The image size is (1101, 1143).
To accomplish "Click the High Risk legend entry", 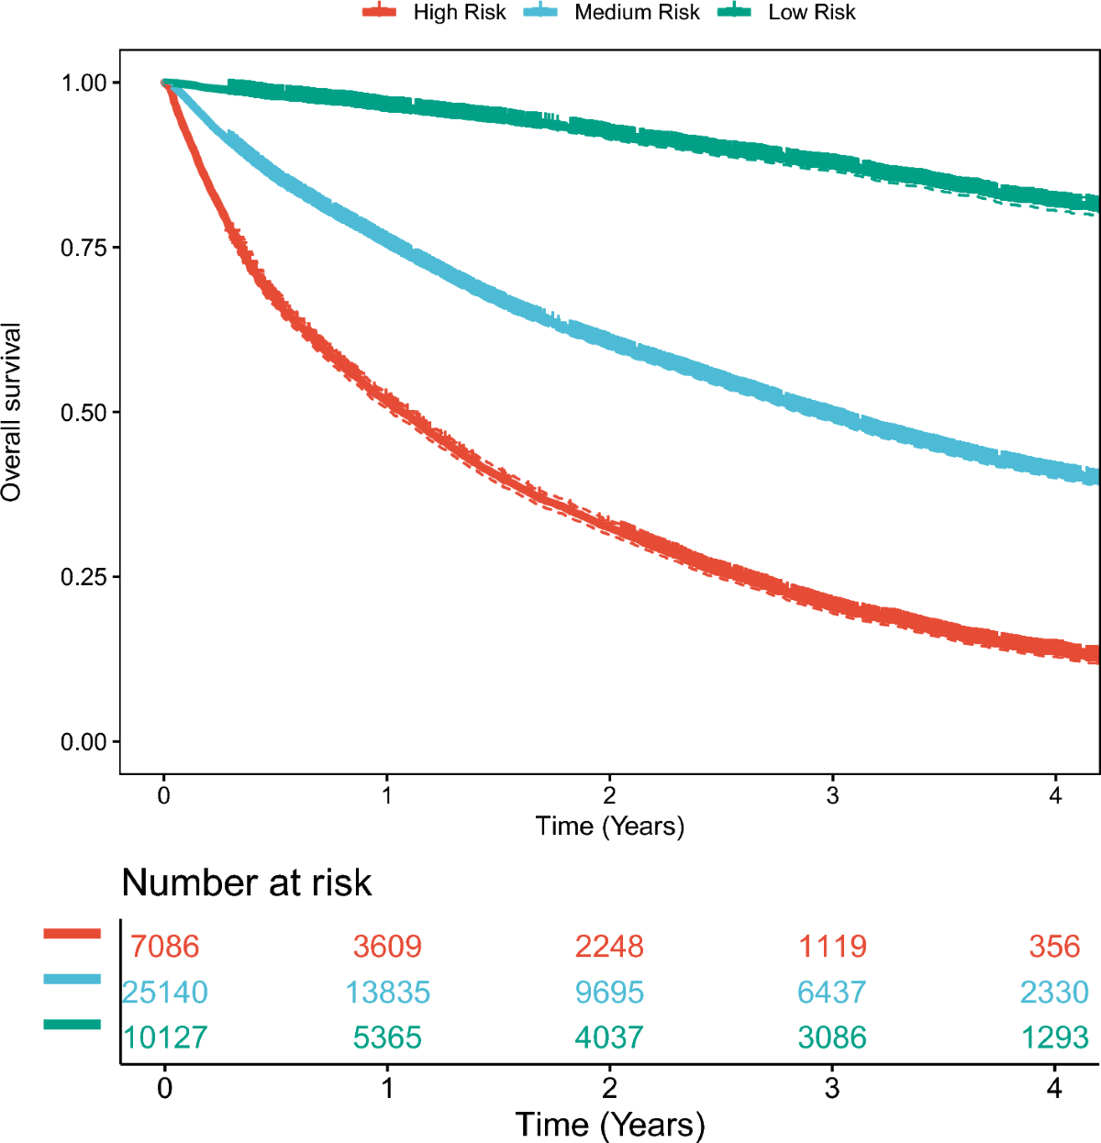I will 435,13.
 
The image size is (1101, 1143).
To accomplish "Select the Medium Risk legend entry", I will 612,13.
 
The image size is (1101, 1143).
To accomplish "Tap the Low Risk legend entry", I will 787,13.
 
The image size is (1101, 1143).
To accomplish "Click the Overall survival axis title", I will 12,412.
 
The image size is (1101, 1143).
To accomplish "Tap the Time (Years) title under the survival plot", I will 609,827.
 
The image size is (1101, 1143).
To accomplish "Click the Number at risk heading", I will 246,882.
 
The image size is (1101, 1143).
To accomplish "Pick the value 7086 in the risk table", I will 164,946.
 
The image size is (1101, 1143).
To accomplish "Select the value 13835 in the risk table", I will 387,992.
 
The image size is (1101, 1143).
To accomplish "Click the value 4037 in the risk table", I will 609,1038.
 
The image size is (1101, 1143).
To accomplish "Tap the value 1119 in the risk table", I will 832,946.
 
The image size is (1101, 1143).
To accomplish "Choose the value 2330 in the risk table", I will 1054,992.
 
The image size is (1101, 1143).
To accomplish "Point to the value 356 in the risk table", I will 1054,946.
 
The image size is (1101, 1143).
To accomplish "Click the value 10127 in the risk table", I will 165,1038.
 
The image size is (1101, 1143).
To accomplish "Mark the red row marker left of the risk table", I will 72,934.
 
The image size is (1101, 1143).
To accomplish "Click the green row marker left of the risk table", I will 72,1024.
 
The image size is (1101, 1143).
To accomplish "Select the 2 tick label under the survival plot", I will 609,795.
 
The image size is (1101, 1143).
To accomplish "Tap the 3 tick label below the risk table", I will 832,1089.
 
